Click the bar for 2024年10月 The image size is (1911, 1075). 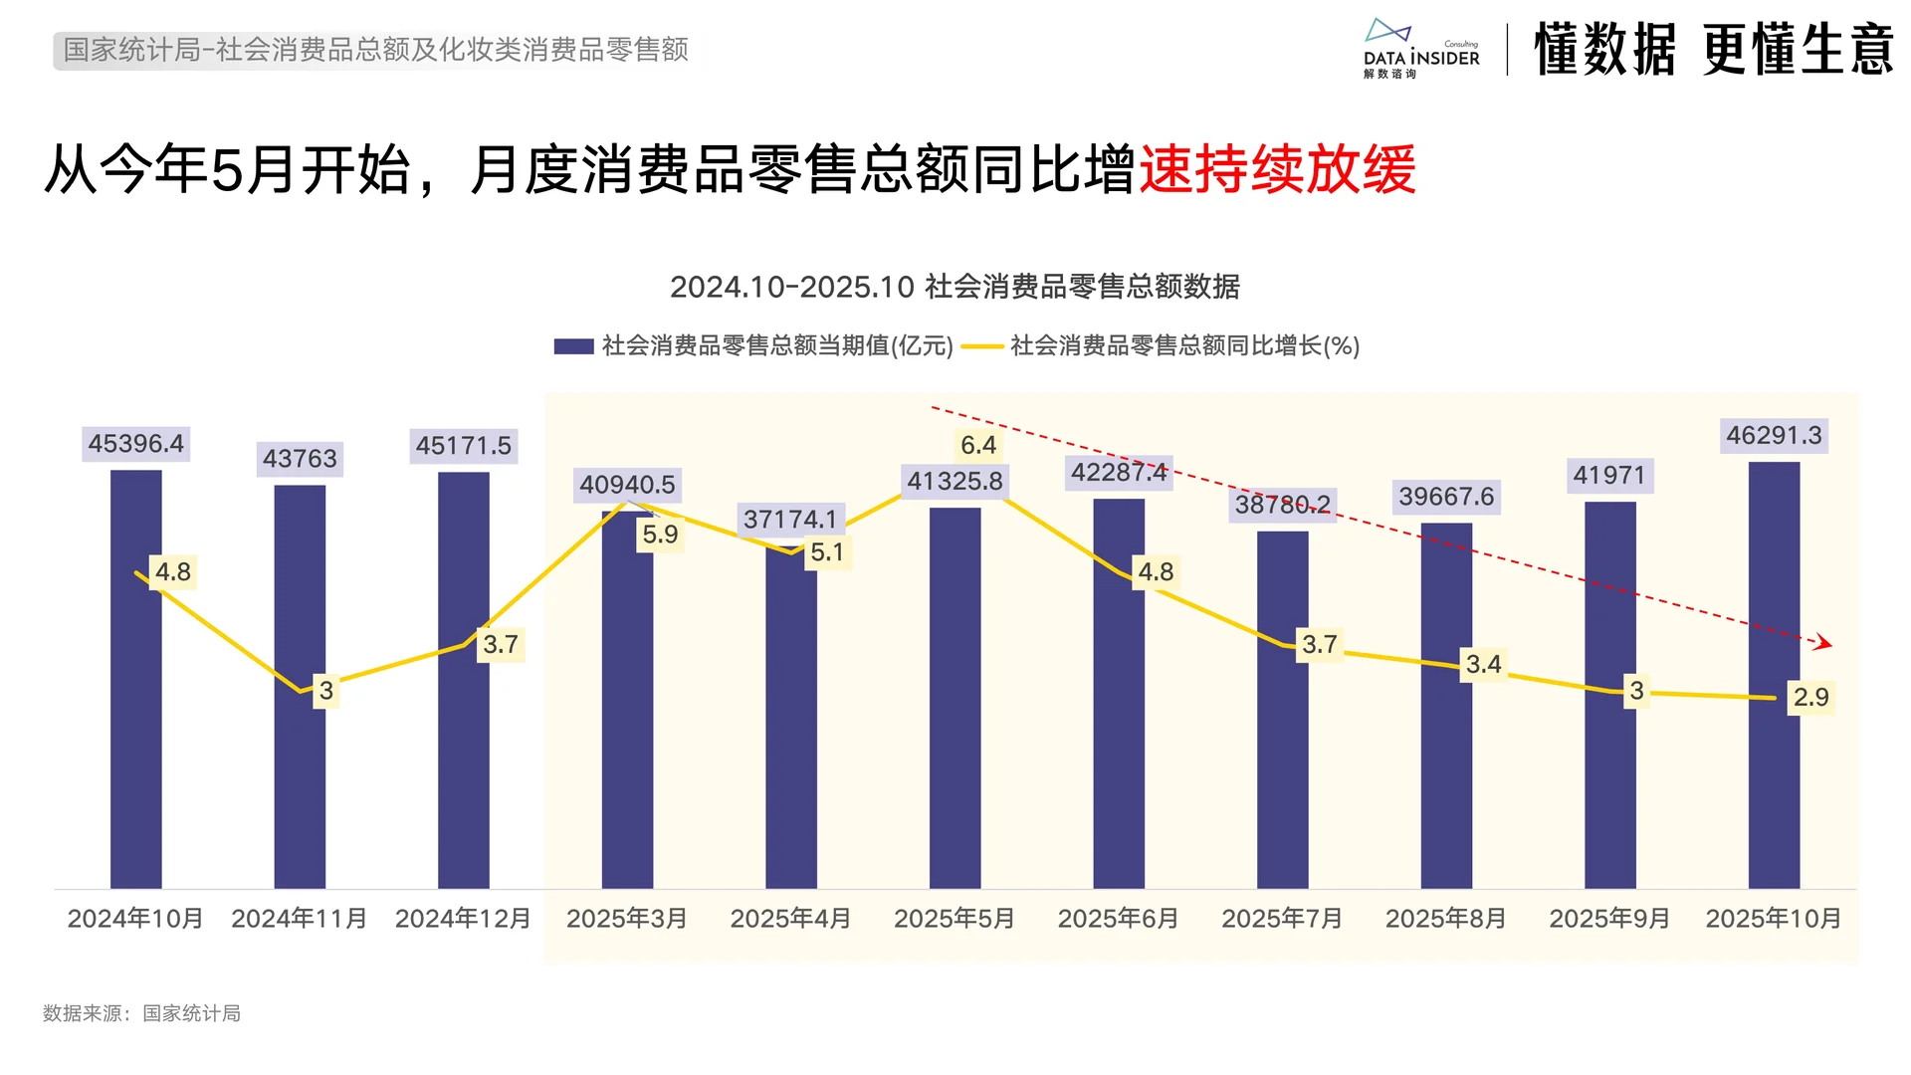coord(135,697)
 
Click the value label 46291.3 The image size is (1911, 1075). coord(1774,436)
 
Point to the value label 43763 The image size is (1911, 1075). coord(300,459)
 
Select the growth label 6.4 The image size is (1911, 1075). coord(977,445)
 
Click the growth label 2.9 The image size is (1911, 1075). coord(1810,697)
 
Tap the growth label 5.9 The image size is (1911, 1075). coord(660,535)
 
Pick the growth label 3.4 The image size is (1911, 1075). coord(1483,664)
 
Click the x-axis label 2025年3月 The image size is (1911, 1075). coord(627,919)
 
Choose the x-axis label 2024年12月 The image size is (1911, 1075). coord(463,919)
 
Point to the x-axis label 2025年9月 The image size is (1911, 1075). coord(1609,919)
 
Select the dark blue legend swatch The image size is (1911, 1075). coord(573,346)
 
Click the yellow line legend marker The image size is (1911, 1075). coord(982,346)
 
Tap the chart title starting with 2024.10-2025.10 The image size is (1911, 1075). coord(955,287)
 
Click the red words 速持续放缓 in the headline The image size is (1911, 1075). coord(1277,169)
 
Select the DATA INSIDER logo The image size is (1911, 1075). coord(1420,48)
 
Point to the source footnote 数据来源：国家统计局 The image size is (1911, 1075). coord(141,1013)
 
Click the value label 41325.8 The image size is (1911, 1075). coord(955,482)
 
